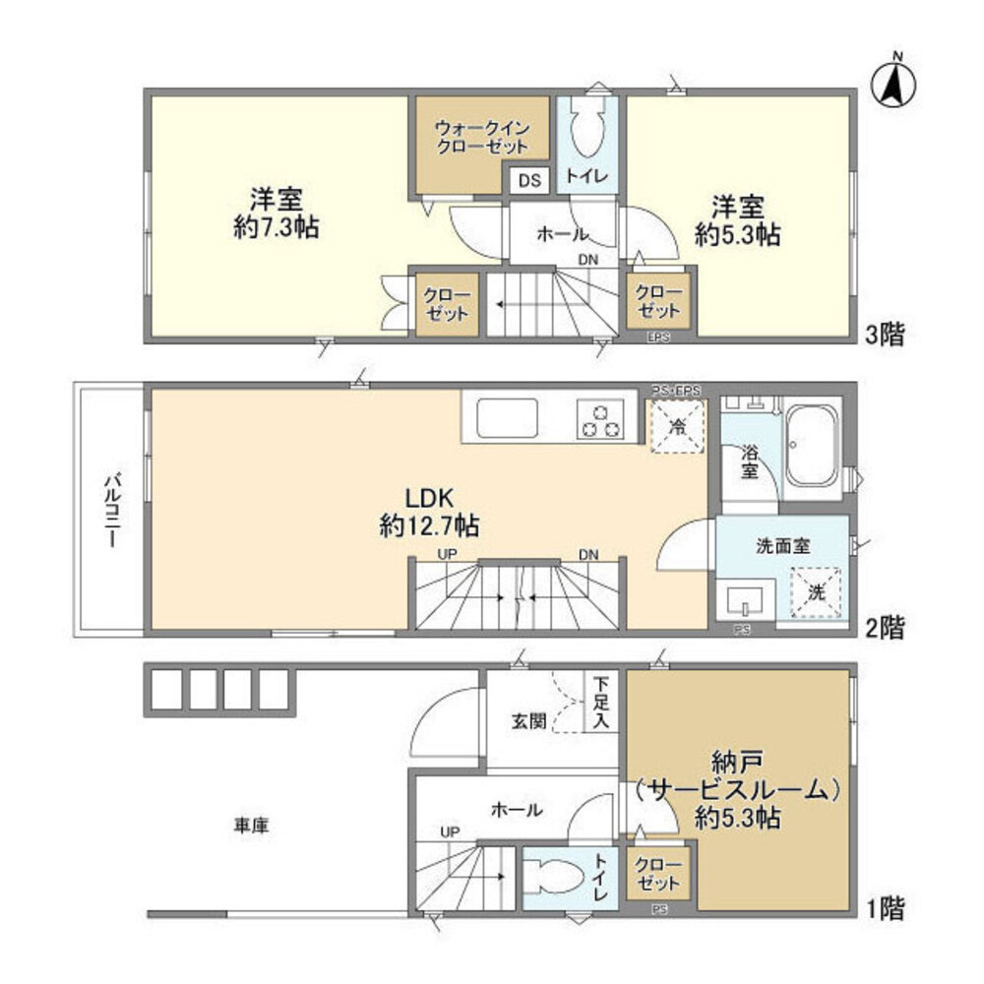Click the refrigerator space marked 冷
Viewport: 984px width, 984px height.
678,426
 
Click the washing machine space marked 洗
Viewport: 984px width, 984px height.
817,591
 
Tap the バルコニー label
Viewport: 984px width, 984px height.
111,512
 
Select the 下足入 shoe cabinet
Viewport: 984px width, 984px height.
599,702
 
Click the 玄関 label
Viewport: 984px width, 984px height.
523,720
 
